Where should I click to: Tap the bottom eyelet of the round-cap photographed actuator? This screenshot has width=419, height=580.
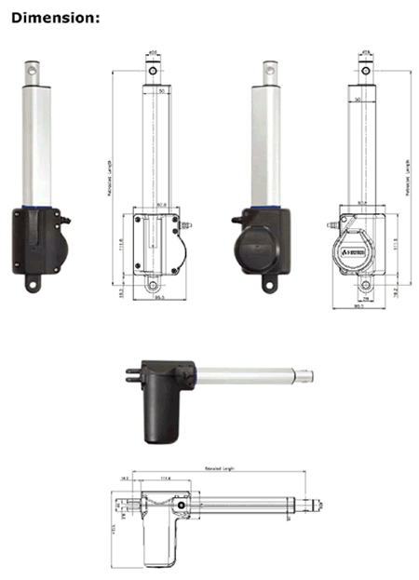[271, 280]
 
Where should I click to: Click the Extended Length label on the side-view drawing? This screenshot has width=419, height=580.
[220, 469]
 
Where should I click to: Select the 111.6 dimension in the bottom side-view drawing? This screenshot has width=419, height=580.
[167, 479]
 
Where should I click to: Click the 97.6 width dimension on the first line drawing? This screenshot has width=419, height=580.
[161, 207]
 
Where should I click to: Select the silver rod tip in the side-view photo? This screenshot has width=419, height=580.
[307, 376]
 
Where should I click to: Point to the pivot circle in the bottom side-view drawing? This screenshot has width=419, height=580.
[179, 505]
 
